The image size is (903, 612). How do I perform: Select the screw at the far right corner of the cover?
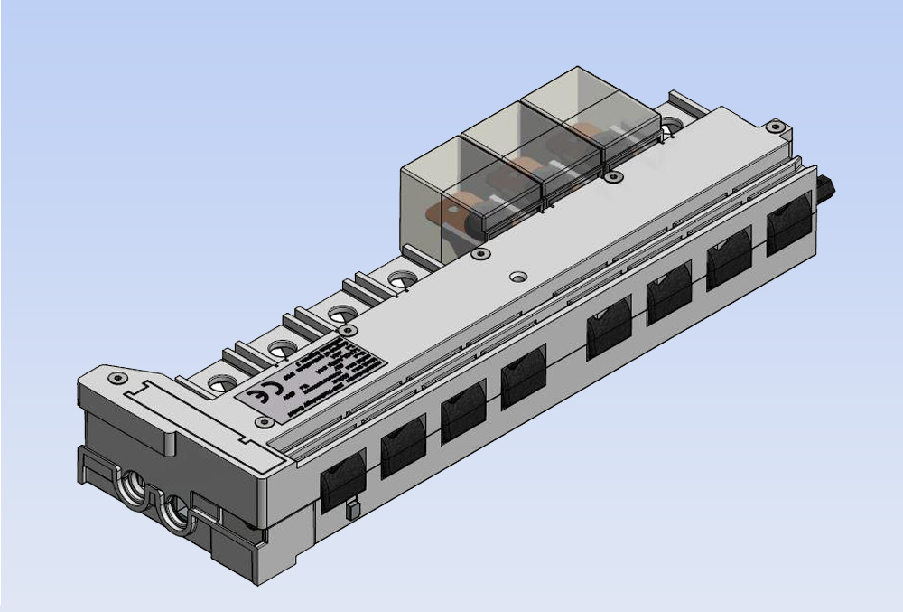pos(773,126)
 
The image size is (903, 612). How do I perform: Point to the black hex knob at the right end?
pos(824,188)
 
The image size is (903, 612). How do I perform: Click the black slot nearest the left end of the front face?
pos(343,477)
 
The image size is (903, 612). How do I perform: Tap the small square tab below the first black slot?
pos(353,510)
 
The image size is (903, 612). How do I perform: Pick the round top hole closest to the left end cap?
pos(222,383)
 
